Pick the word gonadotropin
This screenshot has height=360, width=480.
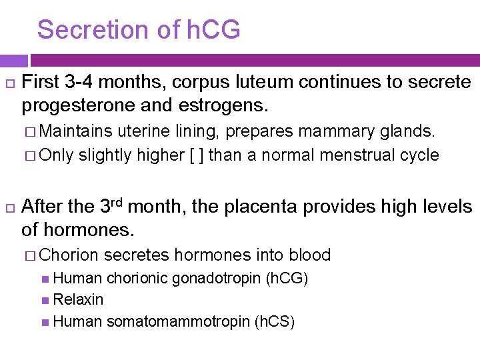[x=217, y=278]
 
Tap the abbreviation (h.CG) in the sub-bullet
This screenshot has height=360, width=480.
[x=287, y=278]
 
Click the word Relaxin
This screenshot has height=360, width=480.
[x=78, y=300]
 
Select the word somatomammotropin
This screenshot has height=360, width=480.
[x=178, y=322]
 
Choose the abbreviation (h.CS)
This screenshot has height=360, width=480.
[x=275, y=322]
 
